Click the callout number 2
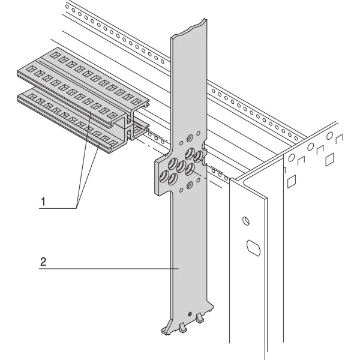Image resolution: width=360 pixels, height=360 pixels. pos(42,262)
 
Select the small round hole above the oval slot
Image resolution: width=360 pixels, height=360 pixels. pos(244,220)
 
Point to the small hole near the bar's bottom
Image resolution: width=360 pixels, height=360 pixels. pos(190,314)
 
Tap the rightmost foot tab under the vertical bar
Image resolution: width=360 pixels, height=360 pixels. pos(200,320)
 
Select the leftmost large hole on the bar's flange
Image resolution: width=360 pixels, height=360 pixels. pos(162,178)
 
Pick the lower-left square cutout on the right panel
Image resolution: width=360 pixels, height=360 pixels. pos(292,180)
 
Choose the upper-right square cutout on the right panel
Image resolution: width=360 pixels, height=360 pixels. pos(329,160)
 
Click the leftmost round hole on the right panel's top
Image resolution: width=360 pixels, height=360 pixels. pos(291,158)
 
